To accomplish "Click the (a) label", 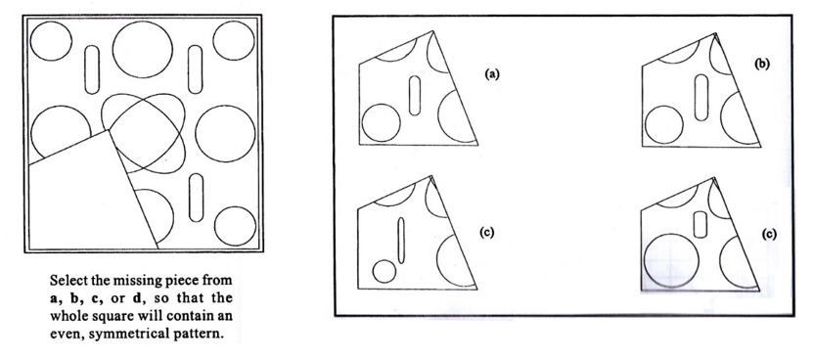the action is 492,74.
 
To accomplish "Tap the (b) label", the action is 762,64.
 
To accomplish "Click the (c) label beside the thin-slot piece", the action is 486,232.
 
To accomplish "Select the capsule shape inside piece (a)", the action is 414,96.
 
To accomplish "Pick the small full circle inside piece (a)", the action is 382,123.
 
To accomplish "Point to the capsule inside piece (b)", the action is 701,98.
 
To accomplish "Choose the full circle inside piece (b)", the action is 663,124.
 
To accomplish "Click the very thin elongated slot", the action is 400,241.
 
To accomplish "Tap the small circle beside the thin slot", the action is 384,271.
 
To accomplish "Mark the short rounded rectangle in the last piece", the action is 700,225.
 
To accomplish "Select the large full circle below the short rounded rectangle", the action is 671,260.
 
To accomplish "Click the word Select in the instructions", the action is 67,281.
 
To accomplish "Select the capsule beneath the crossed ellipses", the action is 196,198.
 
